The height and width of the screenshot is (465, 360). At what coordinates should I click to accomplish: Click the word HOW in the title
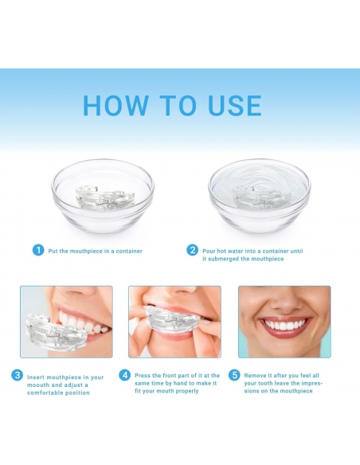pos(115,105)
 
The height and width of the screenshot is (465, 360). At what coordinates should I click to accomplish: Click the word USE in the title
pos(235,105)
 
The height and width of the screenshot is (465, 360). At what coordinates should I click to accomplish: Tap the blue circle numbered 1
pos(38,250)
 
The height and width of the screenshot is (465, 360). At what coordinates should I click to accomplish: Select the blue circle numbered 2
pos(193,250)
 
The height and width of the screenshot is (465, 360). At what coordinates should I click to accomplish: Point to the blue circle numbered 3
pos(18,375)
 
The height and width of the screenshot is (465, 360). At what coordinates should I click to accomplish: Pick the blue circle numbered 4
pos(125,375)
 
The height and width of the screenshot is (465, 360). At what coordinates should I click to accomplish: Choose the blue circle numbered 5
pos(234,375)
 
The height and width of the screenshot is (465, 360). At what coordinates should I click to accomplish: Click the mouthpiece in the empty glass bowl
pos(104,198)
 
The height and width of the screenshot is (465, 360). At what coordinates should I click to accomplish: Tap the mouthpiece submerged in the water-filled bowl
pos(261,198)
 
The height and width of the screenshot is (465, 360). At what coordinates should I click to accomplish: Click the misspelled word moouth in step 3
pos(38,385)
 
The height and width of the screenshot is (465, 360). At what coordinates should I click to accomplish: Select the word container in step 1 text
pos(129,251)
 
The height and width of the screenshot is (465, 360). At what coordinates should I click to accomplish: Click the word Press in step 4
pos(143,376)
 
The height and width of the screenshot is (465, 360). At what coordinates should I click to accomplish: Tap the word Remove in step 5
pos(254,376)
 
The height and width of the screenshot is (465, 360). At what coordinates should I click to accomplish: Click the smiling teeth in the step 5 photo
pos(285,326)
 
